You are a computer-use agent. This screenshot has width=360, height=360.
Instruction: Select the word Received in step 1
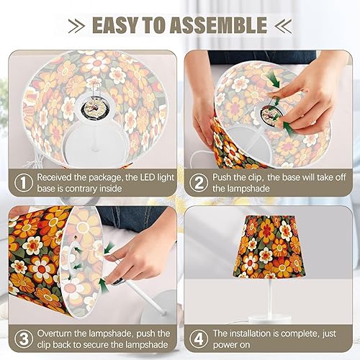[x=57, y=177]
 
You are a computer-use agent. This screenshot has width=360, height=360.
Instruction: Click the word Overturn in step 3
[x=57, y=333]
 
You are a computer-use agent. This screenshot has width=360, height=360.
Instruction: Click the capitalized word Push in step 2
[x=230, y=177]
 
